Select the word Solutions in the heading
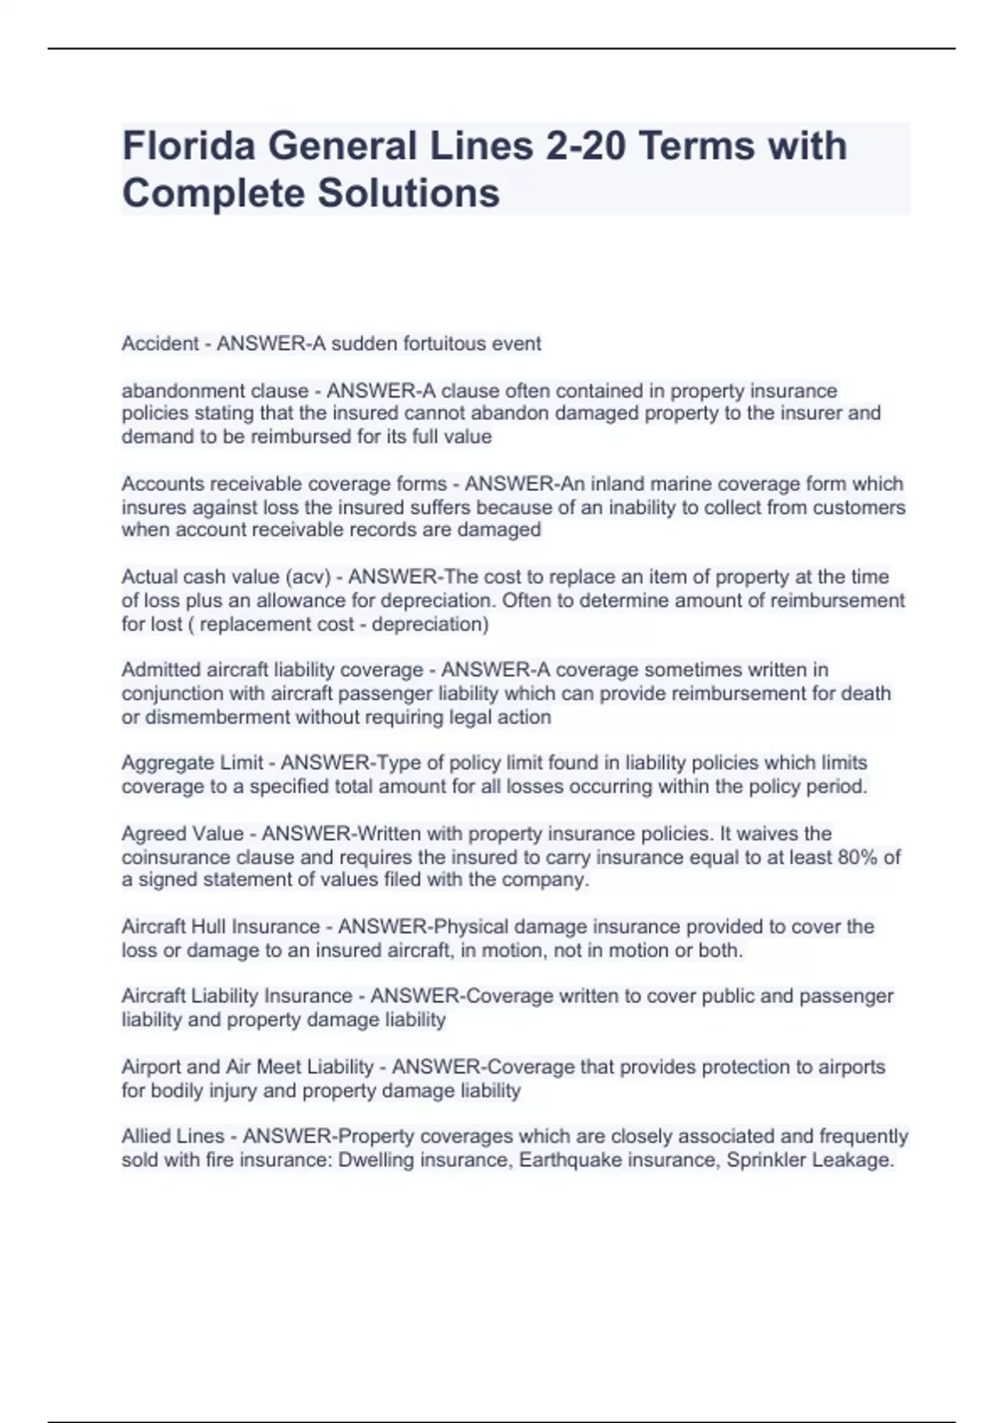[407, 193]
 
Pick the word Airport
[151, 1067]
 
